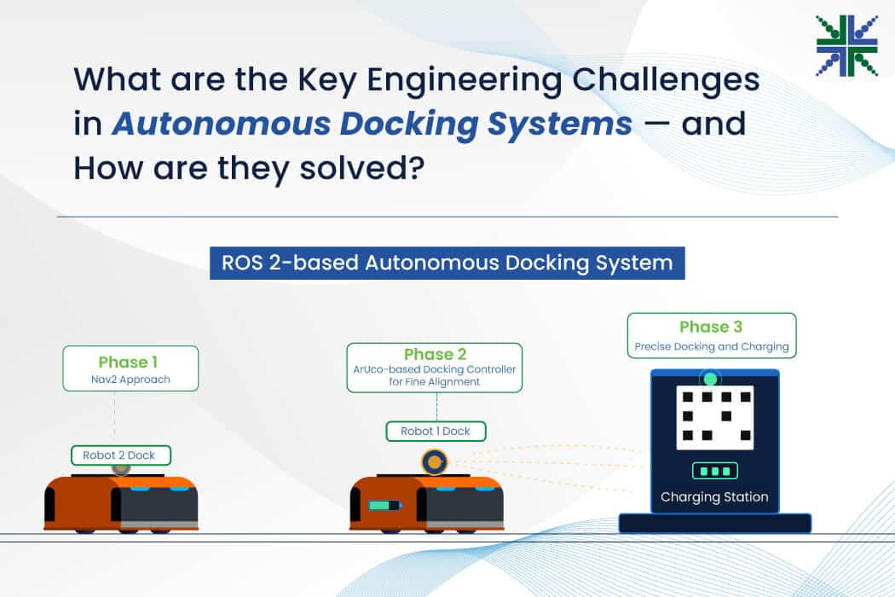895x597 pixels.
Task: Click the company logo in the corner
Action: click(x=847, y=46)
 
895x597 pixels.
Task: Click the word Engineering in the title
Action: click(x=464, y=80)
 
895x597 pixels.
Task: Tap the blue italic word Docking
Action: click(x=409, y=125)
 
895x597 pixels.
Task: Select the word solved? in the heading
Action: click(x=362, y=168)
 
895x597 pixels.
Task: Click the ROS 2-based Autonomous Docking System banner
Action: click(x=447, y=263)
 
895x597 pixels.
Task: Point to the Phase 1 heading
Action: click(x=128, y=362)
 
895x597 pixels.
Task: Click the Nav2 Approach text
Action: click(x=130, y=380)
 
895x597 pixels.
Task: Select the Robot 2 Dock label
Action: click(x=120, y=455)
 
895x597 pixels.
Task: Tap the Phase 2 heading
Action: click(x=435, y=354)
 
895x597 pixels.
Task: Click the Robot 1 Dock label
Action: click(x=436, y=432)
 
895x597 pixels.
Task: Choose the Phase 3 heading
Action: click(x=711, y=327)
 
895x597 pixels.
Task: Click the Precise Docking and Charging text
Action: click(x=712, y=347)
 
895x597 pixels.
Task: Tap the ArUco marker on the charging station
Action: click(x=715, y=418)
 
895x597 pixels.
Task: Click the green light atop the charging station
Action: click(x=711, y=379)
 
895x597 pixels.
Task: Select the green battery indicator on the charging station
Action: click(x=714, y=472)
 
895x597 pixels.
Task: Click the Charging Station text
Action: click(x=714, y=497)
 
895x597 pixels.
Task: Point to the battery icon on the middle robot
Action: click(x=385, y=506)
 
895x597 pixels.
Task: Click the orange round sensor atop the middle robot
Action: click(x=435, y=461)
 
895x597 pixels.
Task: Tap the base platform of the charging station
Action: click(x=715, y=524)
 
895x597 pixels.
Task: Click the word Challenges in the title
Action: click(x=666, y=80)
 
